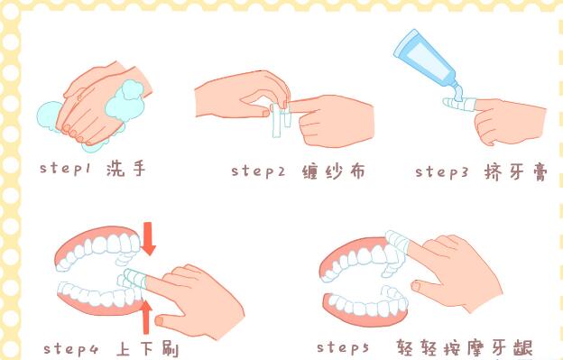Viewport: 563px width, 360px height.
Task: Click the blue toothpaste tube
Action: tap(426, 63)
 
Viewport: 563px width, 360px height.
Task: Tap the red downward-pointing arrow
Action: tap(148, 238)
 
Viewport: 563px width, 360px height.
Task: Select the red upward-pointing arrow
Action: tap(145, 317)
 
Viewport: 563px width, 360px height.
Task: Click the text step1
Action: tap(65, 168)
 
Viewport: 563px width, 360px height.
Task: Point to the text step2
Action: tap(258, 171)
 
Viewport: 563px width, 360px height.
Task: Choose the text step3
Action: tap(441, 171)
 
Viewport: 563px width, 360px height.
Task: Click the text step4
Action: tap(70, 349)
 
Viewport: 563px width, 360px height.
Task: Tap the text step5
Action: tap(343, 347)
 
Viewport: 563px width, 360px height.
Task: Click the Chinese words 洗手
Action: tap(126, 168)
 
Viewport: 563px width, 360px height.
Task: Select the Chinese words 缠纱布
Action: tap(334, 171)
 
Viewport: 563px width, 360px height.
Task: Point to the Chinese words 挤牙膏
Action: tap(516, 172)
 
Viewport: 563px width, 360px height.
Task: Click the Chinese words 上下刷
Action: tap(147, 349)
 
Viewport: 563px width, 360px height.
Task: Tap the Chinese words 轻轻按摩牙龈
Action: tap(465, 348)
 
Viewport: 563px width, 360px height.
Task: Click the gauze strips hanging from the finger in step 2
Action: tap(281, 120)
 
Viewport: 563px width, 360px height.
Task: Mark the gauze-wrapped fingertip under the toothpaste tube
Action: tap(459, 104)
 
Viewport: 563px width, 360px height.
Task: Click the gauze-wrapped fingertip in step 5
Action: tap(398, 241)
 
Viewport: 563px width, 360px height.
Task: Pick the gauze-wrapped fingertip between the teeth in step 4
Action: tap(134, 278)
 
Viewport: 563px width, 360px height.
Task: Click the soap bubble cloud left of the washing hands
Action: tap(50, 115)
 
